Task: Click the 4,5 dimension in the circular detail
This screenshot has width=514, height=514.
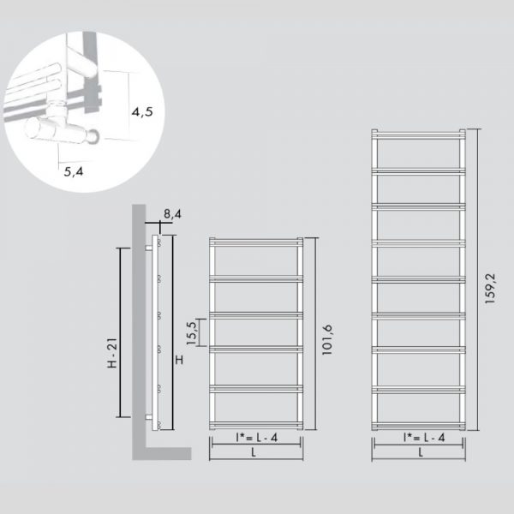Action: coord(142,111)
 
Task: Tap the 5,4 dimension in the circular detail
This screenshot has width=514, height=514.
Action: coord(74,171)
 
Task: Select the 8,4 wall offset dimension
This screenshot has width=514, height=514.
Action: coord(172,214)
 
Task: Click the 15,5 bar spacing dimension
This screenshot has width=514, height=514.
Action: coord(192,333)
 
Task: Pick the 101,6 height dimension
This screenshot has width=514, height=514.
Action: coord(327,339)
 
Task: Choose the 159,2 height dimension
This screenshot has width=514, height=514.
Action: coord(490,288)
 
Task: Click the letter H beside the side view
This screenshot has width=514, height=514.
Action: coord(179,360)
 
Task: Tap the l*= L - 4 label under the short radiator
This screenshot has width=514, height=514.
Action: coord(257,437)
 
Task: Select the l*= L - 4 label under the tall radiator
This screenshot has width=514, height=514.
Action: coord(424,437)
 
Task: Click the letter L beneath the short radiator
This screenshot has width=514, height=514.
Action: coord(254,452)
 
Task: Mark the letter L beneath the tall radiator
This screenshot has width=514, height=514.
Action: coord(421,452)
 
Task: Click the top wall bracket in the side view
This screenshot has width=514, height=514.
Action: coord(149,248)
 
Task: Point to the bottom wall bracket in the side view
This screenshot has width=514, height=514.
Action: coord(149,417)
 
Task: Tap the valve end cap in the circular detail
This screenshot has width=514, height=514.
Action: coord(93,136)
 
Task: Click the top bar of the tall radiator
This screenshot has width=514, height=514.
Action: coord(418,134)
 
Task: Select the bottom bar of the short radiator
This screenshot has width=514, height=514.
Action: coord(256,425)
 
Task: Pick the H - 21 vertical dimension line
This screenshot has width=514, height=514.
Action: coord(120,332)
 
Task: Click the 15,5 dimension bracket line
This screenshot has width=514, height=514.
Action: coord(200,332)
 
